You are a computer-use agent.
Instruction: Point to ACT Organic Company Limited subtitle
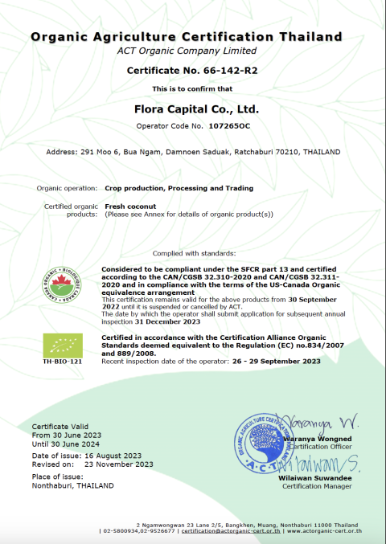click(192, 51)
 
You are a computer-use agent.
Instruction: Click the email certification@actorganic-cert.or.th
click(232, 531)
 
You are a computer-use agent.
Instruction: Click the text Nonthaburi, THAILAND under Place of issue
click(72, 485)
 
